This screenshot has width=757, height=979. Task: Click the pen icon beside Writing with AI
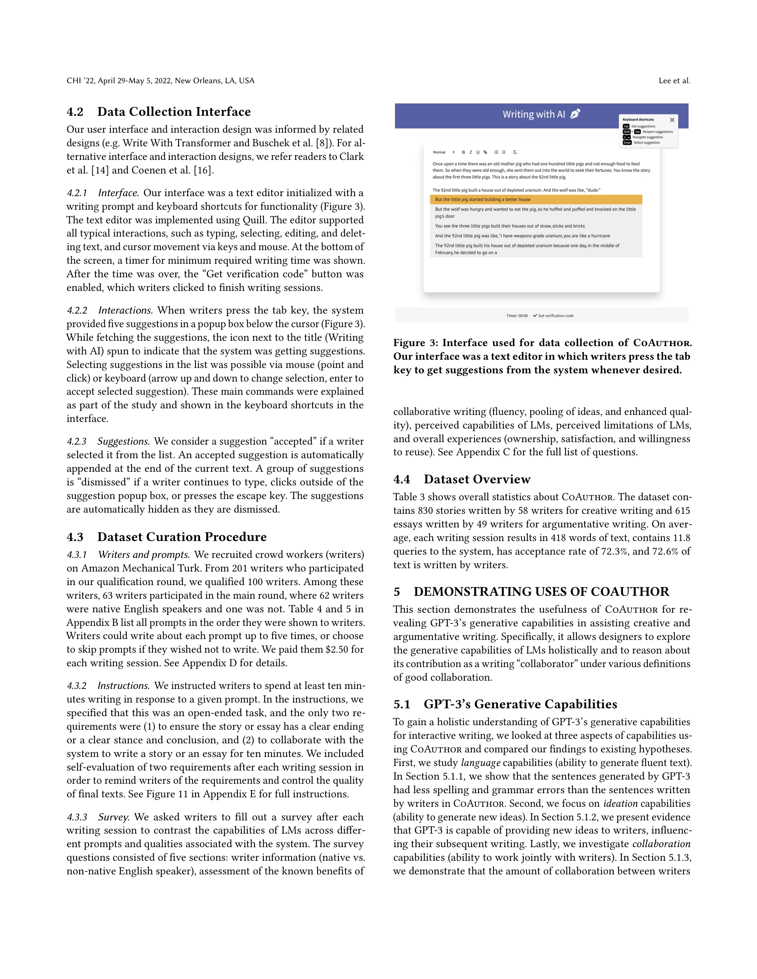(x=575, y=114)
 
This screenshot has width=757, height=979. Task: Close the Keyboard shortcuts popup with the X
(x=672, y=119)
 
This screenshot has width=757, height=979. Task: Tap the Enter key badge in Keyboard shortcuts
(x=627, y=143)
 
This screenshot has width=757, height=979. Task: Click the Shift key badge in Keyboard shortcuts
(x=626, y=132)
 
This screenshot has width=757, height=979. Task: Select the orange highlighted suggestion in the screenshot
(x=536, y=199)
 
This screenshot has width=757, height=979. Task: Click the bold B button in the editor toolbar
(x=463, y=152)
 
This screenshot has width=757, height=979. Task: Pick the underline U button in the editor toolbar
(x=477, y=152)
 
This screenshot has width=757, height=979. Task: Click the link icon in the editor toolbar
(x=485, y=152)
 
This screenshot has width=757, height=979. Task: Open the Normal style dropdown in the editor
(x=443, y=152)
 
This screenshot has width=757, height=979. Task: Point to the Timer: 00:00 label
(x=517, y=316)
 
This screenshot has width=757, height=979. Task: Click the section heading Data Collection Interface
(x=174, y=112)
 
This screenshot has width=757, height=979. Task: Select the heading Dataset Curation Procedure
(x=182, y=537)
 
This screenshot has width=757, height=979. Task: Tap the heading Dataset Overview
(x=477, y=479)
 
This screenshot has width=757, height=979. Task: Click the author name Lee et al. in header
(x=674, y=81)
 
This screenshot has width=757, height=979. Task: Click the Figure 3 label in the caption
(x=415, y=343)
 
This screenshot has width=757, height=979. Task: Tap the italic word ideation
(x=620, y=803)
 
